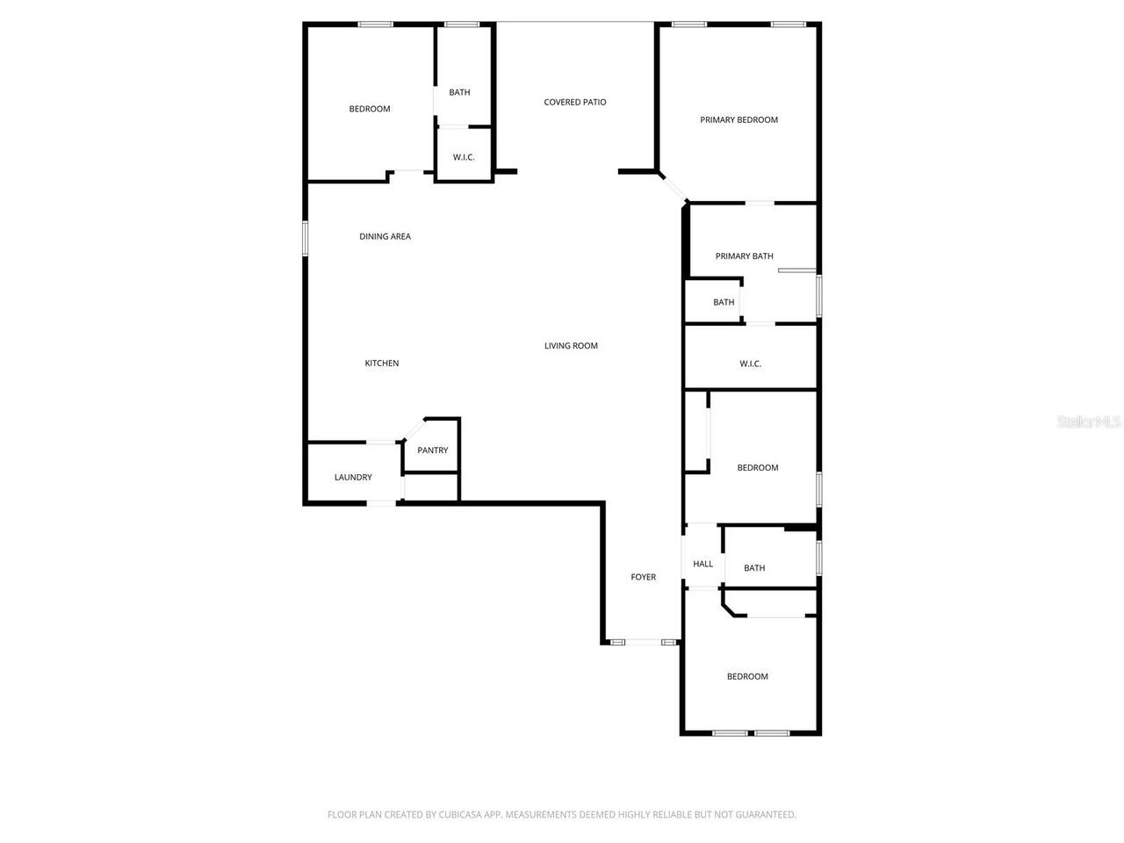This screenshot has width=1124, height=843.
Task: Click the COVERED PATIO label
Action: [x=575, y=102]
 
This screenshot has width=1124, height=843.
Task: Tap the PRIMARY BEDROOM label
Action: [x=739, y=119]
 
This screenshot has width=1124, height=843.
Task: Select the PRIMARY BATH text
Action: [x=744, y=256]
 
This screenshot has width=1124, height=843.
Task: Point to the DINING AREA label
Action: [x=385, y=236]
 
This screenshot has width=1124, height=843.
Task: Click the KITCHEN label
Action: [x=382, y=364]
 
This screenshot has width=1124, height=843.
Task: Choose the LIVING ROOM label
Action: [x=571, y=346]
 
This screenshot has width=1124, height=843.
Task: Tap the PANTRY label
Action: [x=432, y=450]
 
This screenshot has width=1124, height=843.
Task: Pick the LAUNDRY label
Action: [x=353, y=478]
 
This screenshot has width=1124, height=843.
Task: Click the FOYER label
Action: [x=643, y=577]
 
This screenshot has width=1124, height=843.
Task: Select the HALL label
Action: [x=702, y=564]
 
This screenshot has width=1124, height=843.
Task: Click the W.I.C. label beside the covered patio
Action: [x=464, y=157]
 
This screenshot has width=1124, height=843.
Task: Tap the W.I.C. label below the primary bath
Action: [x=750, y=364]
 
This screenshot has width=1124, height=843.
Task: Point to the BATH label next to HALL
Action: [x=754, y=568]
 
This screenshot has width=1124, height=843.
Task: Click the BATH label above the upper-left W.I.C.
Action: [x=459, y=92]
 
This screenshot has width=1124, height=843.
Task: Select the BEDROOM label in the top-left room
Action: [x=370, y=109]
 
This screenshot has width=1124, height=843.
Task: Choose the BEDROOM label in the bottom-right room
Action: [x=747, y=676]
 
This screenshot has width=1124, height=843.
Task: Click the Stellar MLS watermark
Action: [x=1089, y=422]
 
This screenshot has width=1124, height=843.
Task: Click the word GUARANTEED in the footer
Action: [x=763, y=815]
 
